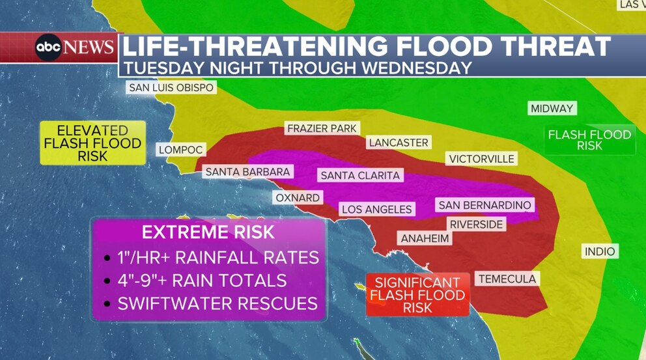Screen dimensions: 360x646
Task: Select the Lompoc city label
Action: (x=181, y=150)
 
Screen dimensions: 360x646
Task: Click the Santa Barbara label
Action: (x=247, y=172)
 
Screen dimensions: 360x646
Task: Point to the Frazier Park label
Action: (x=322, y=129)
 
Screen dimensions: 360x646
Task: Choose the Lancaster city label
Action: (x=398, y=143)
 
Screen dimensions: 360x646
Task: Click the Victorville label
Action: (x=481, y=159)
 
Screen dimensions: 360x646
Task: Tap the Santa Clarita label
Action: (x=360, y=176)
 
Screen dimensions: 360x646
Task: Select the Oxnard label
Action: (x=297, y=198)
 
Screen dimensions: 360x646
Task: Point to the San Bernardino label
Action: (x=484, y=206)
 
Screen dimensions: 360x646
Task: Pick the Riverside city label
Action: (x=477, y=225)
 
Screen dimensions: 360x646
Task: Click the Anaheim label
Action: (x=425, y=239)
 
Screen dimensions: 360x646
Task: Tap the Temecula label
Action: (x=507, y=279)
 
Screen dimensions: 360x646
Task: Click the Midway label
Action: (x=551, y=109)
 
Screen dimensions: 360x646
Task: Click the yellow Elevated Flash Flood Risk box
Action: (x=92, y=143)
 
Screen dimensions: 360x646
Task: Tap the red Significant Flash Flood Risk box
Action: (x=417, y=295)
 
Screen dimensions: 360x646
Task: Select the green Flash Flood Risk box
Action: (x=589, y=140)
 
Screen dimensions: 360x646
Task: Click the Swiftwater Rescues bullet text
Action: (x=218, y=303)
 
